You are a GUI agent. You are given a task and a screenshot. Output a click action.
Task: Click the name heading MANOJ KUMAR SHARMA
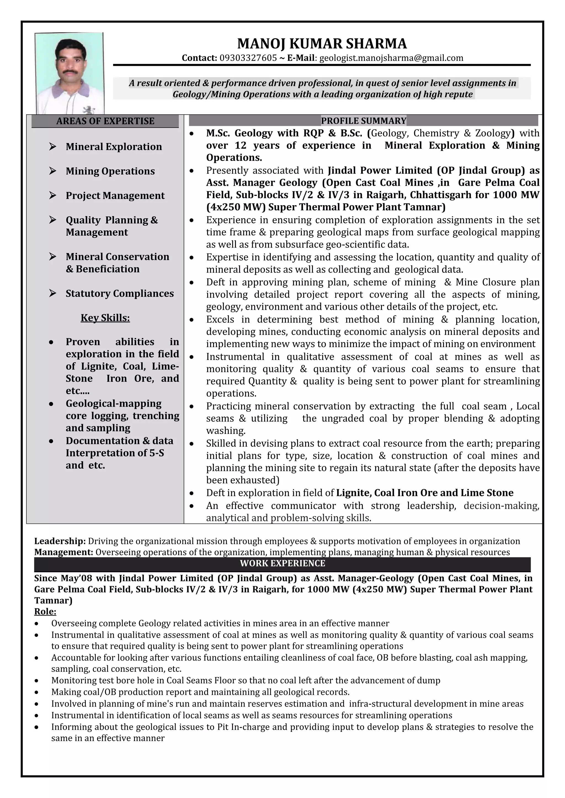pyautogui.click(x=322, y=44)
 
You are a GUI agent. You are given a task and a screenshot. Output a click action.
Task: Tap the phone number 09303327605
pyautogui.click(x=248, y=58)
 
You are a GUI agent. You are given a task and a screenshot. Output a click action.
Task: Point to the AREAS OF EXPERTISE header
pyautogui.click(x=105, y=121)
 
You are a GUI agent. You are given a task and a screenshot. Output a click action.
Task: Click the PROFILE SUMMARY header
pyautogui.click(x=364, y=121)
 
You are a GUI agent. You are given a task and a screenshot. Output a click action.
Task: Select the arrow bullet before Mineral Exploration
pyautogui.click(x=52, y=146)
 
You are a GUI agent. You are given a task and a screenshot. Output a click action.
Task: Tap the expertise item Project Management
pyautogui.click(x=115, y=196)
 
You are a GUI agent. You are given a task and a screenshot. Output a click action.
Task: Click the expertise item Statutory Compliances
pyautogui.click(x=119, y=294)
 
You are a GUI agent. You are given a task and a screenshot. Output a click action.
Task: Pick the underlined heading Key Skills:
pyautogui.click(x=105, y=318)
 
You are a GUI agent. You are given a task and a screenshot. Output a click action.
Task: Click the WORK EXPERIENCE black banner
pyautogui.click(x=282, y=564)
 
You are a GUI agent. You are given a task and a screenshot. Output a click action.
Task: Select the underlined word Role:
pyautogui.click(x=45, y=611)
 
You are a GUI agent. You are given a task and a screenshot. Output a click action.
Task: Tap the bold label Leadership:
pyautogui.click(x=60, y=541)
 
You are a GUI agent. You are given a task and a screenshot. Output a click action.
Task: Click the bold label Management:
pyautogui.click(x=63, y=552)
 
